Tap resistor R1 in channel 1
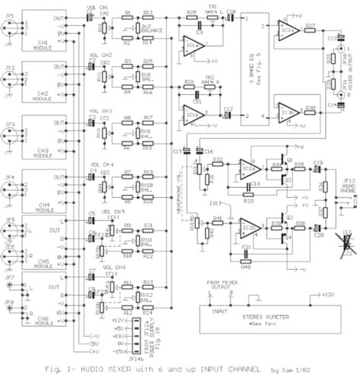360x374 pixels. point(128,17)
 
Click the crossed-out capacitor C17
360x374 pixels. point(347,242)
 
